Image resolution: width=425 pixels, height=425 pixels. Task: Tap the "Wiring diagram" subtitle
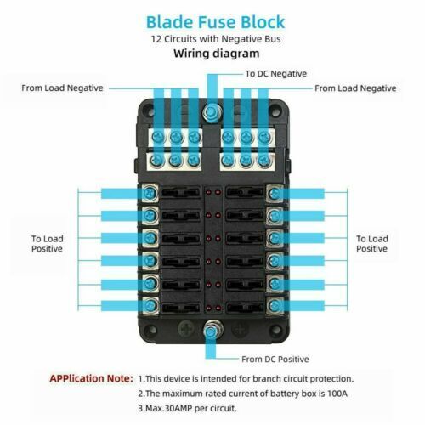(x=217, y=54)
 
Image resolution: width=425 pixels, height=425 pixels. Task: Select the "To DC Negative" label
(x=276, y=74)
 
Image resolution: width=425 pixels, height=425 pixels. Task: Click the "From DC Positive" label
(x=275, y=360)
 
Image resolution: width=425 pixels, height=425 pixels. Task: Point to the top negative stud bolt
(x=212, y=113)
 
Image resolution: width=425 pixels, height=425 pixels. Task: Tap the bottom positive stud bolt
(x=212, y=330)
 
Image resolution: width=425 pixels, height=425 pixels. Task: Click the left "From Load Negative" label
(x=62, y=88)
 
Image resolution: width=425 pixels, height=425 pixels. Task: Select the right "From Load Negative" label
(x=355, y=88)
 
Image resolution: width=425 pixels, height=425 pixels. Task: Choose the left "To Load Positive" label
(x=48, y=244)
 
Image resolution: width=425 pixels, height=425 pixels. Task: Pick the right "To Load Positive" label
(x=372, y=244)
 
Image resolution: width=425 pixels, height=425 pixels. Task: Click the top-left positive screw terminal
(x=150, y=194)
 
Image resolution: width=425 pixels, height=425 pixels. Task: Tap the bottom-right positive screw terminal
(x=275, y=306)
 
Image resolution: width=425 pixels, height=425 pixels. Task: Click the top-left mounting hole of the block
(x=148, y=109)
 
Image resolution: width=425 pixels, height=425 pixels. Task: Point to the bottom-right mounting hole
(x=276, y=330)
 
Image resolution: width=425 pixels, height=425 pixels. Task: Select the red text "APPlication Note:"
(x=91, y=378)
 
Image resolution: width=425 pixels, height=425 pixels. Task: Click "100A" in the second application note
(x=337, y=394)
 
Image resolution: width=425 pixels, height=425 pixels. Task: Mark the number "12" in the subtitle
(x=156, y=39)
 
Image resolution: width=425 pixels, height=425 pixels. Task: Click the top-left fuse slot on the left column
(x=181, y=193)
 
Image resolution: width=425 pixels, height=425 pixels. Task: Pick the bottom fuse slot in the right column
(x=245, y=307)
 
